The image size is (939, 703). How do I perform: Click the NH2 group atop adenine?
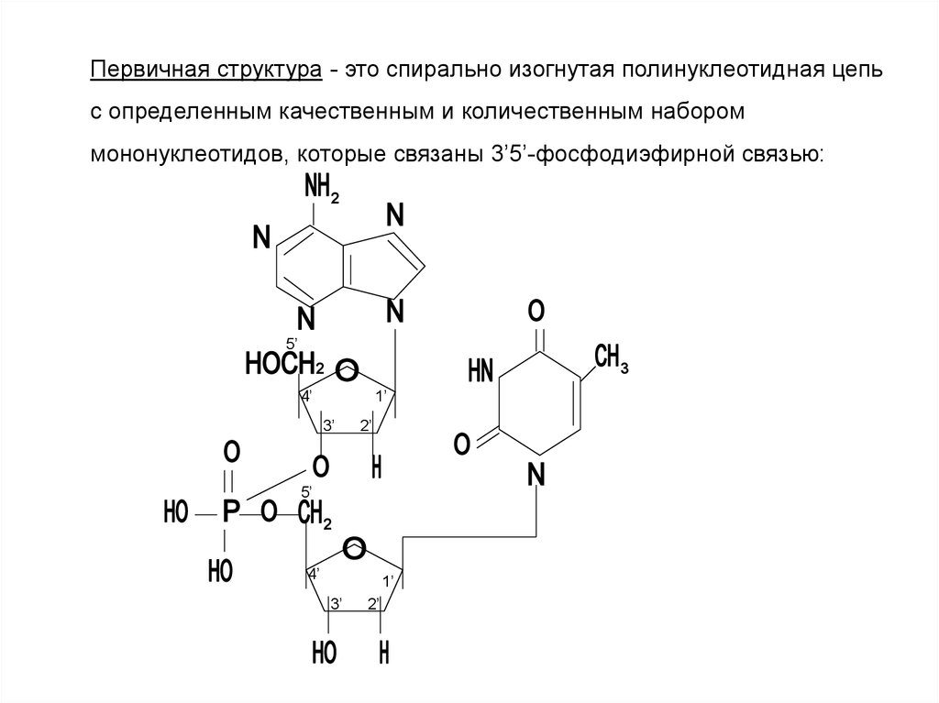(322, 192)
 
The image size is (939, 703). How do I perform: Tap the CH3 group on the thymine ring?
(611, 358)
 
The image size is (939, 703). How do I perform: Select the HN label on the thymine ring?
(481, 370)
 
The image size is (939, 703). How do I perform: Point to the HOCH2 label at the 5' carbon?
(284, 365)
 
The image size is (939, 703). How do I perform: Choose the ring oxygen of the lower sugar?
(354, 550)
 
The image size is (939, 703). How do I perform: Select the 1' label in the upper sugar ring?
(383, 397)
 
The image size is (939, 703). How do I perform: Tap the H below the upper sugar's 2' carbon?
(375, 467)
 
